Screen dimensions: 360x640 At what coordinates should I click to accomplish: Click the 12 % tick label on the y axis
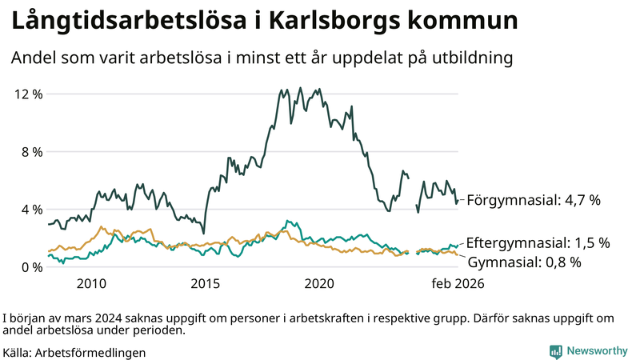point(29,94)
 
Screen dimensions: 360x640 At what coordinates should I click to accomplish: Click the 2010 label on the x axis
point(91,284)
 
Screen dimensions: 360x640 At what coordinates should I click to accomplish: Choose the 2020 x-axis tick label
point(319,284)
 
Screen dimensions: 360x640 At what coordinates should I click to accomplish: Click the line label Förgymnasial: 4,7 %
point(534,200)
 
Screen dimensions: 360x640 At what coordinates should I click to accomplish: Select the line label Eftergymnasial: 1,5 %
point(538,242)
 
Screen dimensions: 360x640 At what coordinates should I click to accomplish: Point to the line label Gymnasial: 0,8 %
point(524,262)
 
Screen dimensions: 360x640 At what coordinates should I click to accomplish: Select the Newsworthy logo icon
point(555,351)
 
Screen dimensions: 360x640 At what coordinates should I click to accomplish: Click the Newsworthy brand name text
point(598,351)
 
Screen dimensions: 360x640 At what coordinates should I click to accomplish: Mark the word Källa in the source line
point(18,352)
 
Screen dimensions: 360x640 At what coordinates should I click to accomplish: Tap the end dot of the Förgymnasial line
point(457,202)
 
